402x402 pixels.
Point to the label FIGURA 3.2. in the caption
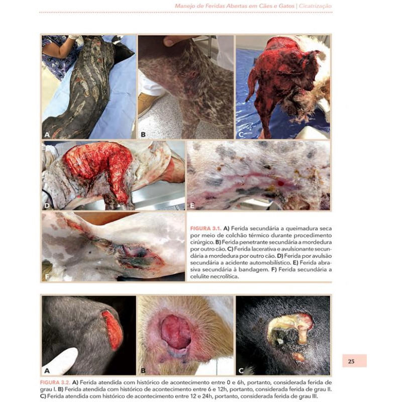click(x=56, y=382)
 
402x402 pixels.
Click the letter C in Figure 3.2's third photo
click(x=241, y=370)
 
